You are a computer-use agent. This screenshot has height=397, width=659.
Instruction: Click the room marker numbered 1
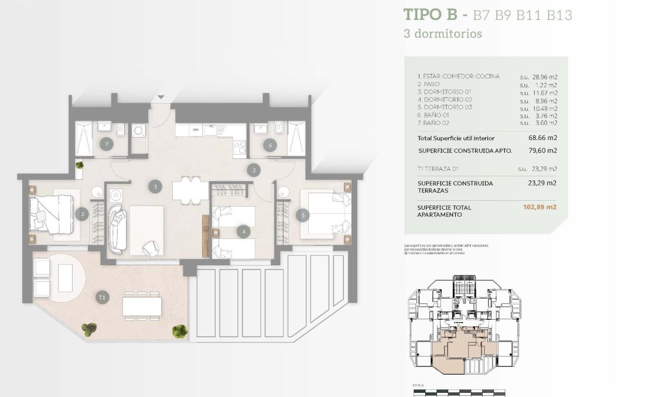pos(155,187)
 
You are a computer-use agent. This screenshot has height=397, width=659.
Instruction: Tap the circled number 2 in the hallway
pos(253,171)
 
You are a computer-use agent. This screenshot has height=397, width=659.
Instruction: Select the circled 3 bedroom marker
pos(82,215)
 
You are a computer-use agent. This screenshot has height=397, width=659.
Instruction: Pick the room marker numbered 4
pos(243,232)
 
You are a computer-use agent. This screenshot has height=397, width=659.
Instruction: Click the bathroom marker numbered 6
pos(270,145)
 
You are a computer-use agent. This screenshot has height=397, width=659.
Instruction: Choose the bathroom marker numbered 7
pos(106,144)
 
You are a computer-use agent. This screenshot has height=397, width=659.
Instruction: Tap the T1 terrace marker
pos(103,298)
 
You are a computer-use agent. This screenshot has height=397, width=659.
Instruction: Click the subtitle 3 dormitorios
pos(443,33)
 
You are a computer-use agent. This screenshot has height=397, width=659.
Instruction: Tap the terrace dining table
pos(141,306)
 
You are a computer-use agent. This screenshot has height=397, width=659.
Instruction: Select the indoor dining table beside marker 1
pos(190,190)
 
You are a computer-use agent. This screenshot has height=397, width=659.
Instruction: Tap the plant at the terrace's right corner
pos(179,331)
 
